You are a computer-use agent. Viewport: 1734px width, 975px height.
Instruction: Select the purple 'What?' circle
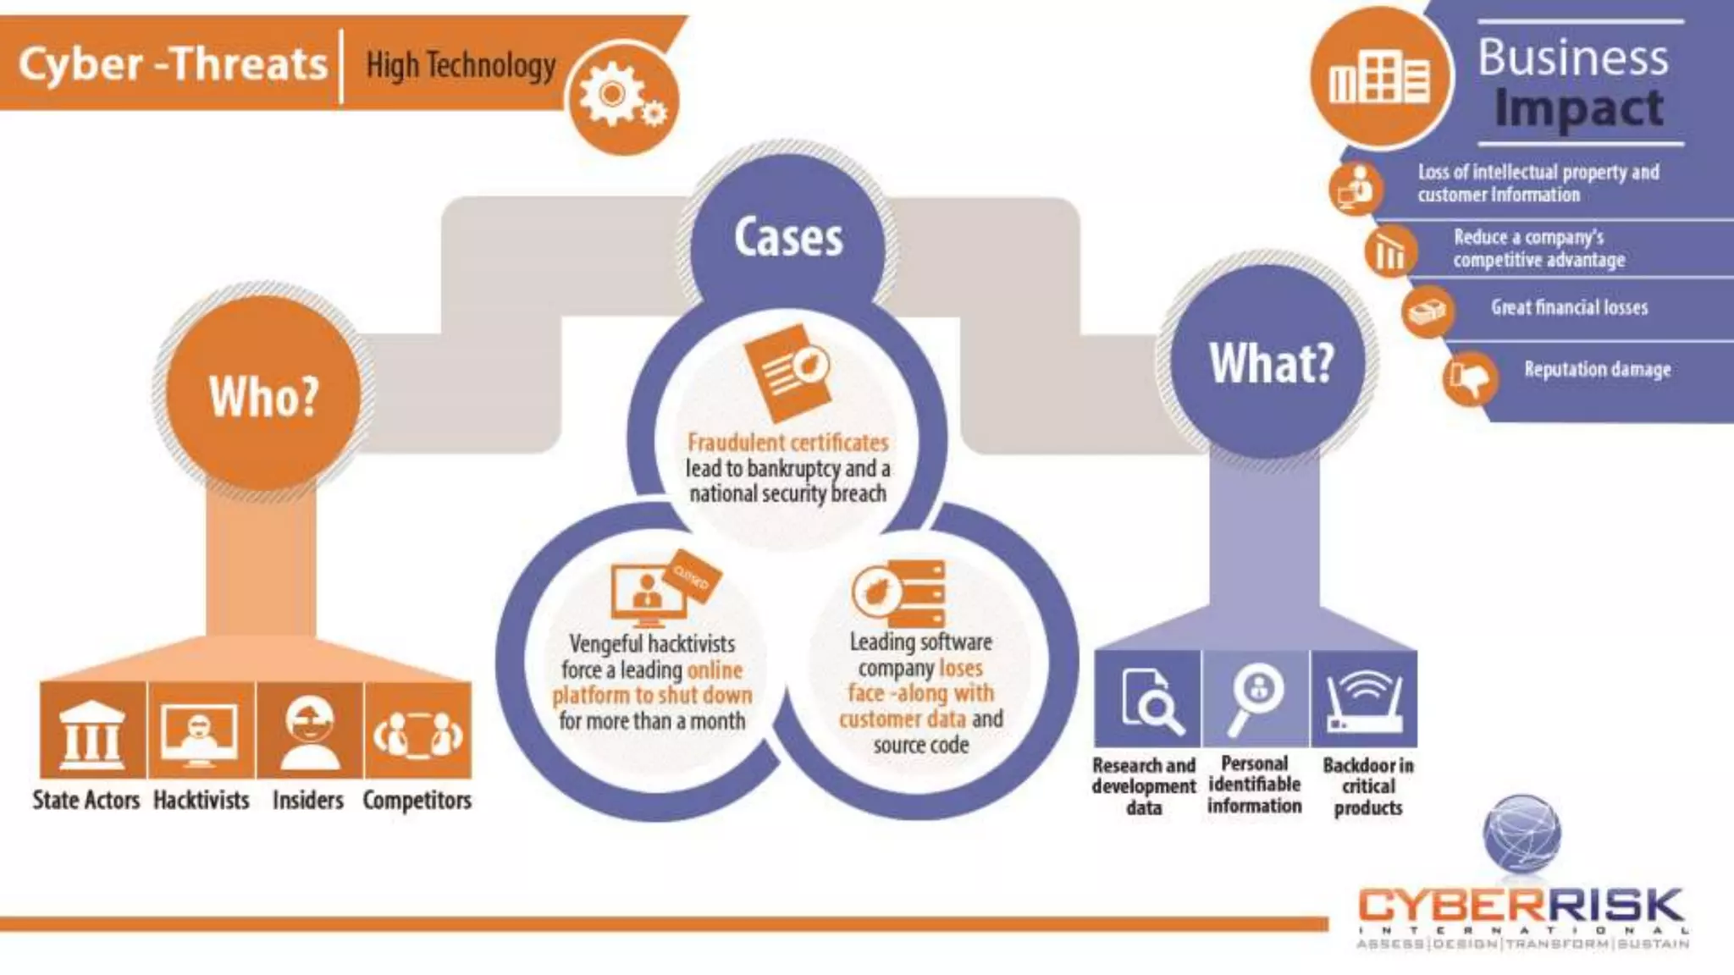[1270, 362]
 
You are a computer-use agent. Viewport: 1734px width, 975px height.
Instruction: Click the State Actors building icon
[93, 732]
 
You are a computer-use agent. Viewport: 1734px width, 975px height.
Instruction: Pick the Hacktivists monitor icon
[201, 732]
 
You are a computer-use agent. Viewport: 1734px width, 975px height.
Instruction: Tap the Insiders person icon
[309, 732]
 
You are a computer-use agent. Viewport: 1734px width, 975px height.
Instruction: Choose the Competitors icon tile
[418, 732]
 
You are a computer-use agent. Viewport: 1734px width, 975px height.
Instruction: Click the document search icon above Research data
[1148, 700]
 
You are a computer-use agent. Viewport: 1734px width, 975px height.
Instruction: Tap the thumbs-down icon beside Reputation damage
[1470, 378]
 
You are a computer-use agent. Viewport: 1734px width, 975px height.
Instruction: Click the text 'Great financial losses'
[1569, 307]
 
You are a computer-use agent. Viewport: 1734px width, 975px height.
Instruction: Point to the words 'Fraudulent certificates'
[787, 442]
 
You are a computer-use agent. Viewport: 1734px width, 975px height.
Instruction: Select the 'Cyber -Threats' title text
[173, 64]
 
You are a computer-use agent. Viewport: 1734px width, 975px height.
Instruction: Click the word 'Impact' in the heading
[1578, 109]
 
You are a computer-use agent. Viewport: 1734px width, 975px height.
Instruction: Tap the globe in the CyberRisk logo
[1521, 834]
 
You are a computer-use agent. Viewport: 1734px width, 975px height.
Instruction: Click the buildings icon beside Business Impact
[1379, 77]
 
